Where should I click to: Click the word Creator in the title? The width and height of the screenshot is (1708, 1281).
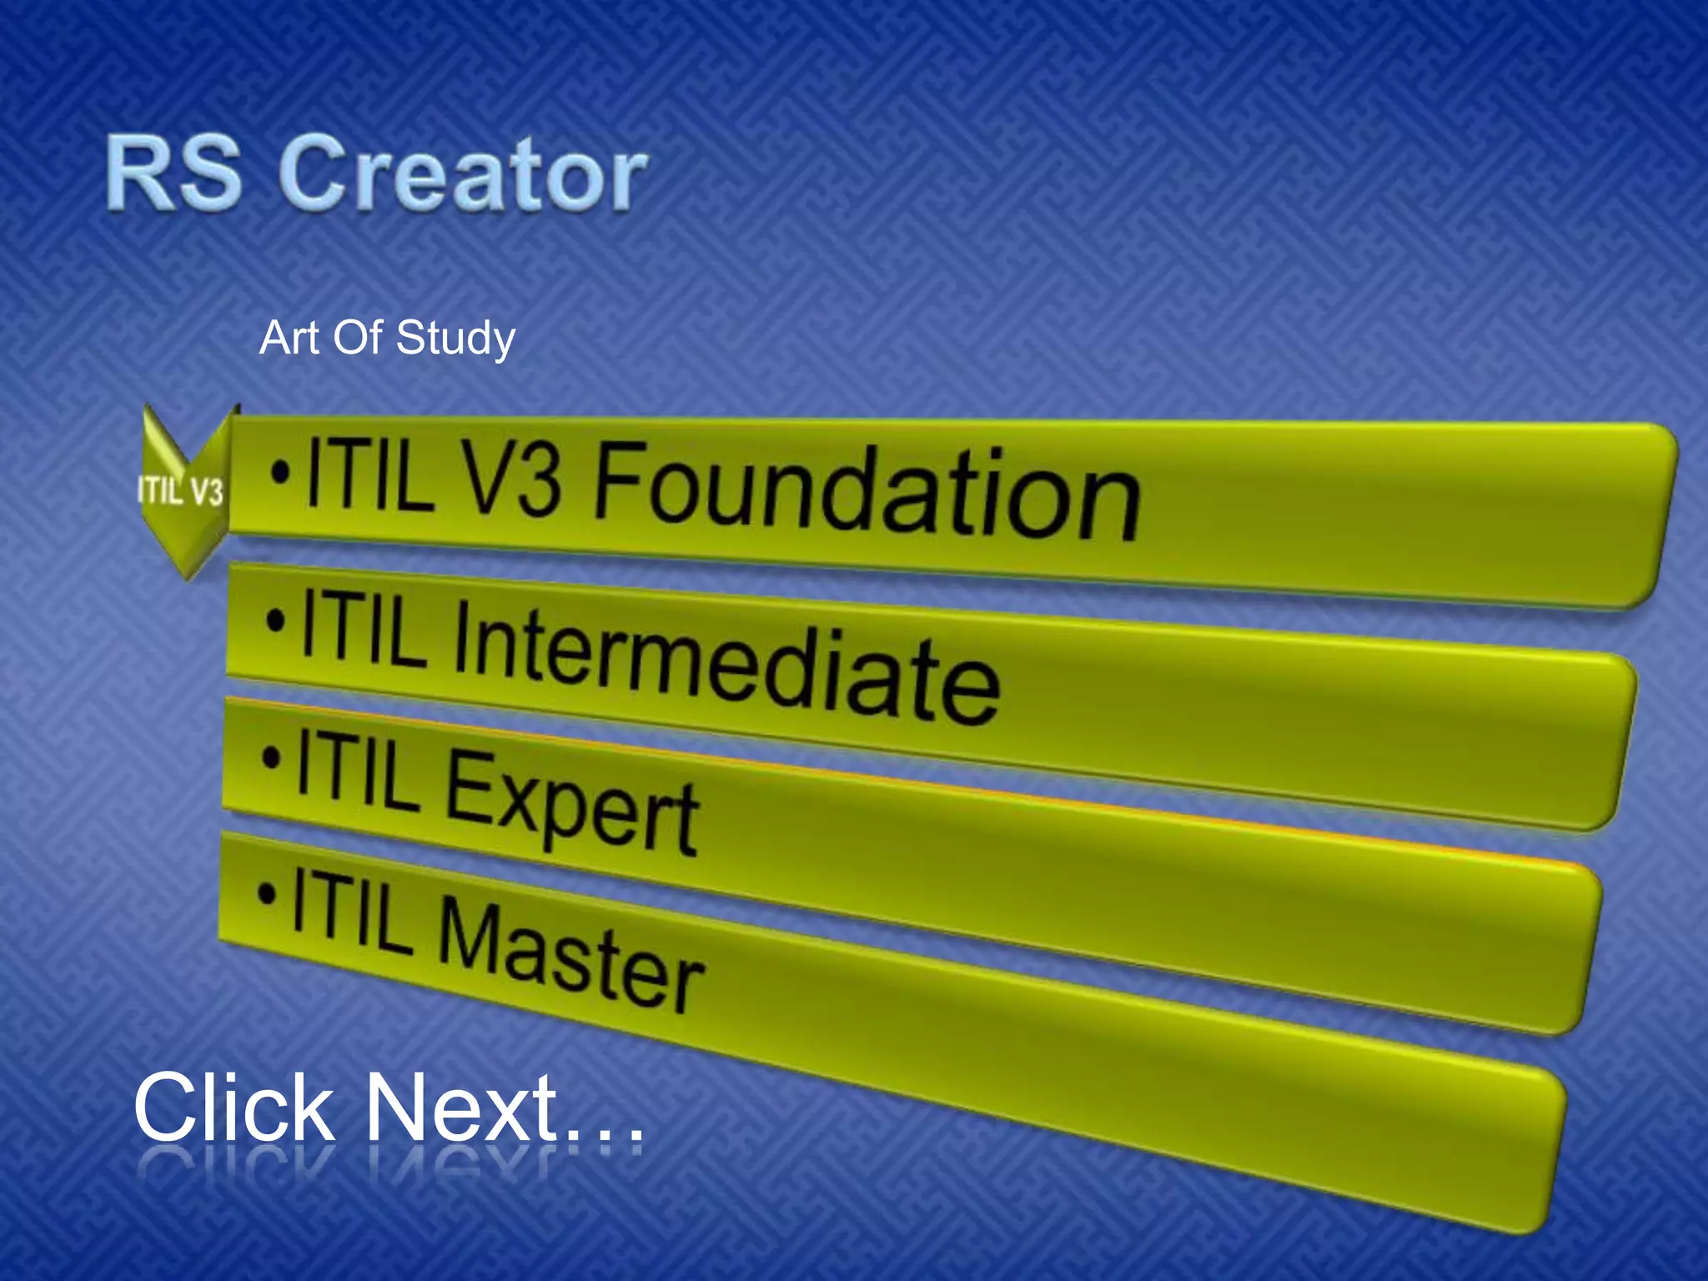point(463,174)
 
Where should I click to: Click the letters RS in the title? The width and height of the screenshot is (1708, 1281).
point(173,173)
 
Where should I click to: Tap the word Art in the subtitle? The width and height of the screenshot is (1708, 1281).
point(289,339)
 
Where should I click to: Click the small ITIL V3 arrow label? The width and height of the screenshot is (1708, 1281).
point(181,491)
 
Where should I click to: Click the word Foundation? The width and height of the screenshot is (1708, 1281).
point(867,491)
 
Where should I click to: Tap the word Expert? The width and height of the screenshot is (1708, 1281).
point(572,801)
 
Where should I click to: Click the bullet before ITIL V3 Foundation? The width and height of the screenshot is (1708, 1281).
point(281,475)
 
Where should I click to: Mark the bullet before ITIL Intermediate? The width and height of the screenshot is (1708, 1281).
point(276,620)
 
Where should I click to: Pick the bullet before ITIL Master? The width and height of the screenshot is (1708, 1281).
point(267,895)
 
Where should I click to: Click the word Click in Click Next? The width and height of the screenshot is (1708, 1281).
point(234,1108)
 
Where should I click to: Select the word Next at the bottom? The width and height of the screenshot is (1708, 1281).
point(462,1108)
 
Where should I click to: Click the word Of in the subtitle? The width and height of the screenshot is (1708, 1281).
point(357,339)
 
